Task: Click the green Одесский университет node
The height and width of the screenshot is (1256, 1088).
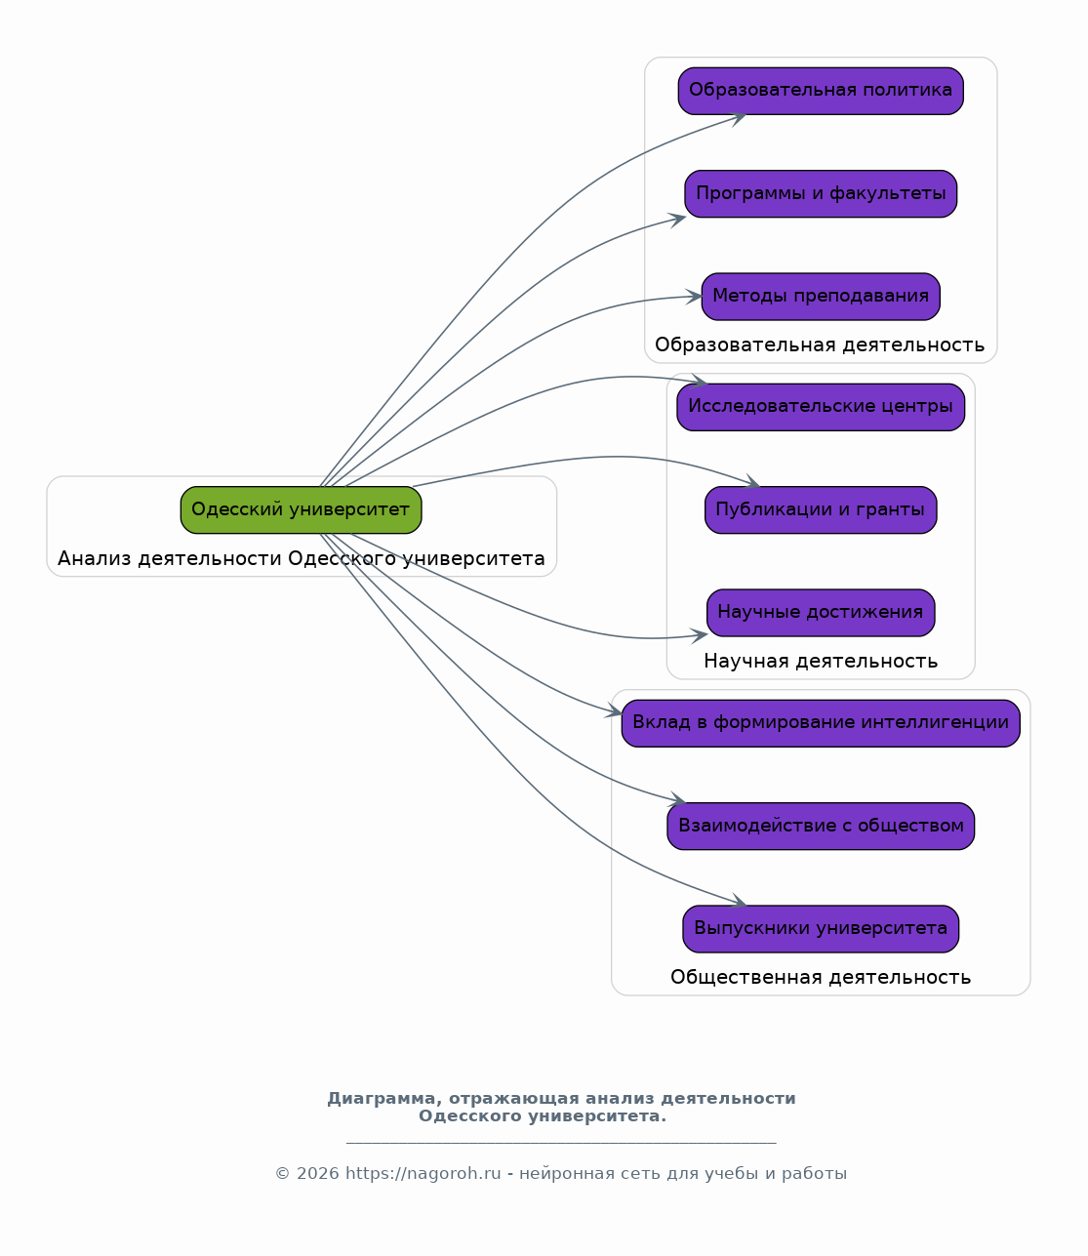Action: pyautogui.click(x=301, y=509)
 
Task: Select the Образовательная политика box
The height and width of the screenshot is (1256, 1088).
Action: pyautogui.click(x=820, y=91)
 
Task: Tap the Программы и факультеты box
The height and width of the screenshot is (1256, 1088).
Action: pyautogui.click(x=820, y=193)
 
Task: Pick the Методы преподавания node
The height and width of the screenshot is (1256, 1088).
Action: pyautogui.click(x=820, y=296)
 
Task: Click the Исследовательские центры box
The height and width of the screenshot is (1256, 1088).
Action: pyautogui.click(x=820, y=407)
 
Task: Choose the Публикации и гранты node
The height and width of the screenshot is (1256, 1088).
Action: pyautogui.click(x=820, y=509)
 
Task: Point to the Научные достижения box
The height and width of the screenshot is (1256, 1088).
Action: pyautogui.click(x=820, y=613)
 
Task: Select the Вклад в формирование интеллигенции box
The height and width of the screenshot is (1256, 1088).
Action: pyautogui.click(x=820, y=723)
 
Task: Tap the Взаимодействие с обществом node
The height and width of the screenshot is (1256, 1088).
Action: pyautogui.click(x=820, y=826)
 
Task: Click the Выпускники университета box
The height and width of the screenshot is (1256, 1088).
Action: pyautogui.click(x=820, y=928)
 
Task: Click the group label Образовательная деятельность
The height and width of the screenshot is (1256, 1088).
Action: pyautogui.click(x=820, y=345)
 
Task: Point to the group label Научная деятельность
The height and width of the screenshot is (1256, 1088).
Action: pyautogui.click(x=820, y=661)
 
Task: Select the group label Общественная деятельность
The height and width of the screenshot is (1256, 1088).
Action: pyautogui.click(x=820, y=977)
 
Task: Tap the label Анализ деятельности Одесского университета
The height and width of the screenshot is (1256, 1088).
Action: pyautogui.click(x=301, y=558)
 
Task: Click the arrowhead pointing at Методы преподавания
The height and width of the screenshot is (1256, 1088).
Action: pyautogui.click(x=694, y=297)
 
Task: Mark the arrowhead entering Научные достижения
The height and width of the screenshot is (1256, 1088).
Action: pyautogui.click(x=700, y=635)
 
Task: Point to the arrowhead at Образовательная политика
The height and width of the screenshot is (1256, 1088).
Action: pyautogui.click(x=738, y=118)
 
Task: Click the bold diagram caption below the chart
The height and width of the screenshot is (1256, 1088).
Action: pyautogui.click(x=561, y=1107)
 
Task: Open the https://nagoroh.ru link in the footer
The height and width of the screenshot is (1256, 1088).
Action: pyautogui.click(x=423, y=1173)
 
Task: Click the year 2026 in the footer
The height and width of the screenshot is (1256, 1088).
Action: pyautogui.click(x=318, y=1173)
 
